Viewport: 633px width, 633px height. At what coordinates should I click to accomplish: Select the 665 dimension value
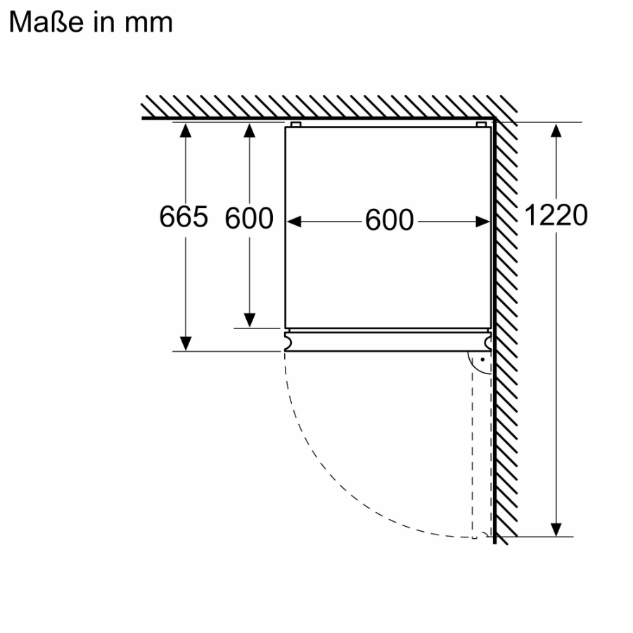point(184,217)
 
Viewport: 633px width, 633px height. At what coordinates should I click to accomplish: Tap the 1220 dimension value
point(556,215)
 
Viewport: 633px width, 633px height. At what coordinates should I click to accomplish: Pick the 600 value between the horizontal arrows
point(389,221)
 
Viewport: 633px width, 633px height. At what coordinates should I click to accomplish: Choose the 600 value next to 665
point(249,218)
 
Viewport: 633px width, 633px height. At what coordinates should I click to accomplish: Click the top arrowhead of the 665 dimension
point(185,129)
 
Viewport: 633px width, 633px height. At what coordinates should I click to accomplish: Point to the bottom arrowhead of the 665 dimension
point(185,343)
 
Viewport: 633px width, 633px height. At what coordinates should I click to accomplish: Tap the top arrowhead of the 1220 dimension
point(556,130)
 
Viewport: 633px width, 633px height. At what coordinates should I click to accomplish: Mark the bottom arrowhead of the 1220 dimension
point(556,529)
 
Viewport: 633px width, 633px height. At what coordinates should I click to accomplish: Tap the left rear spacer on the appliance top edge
point(295,124)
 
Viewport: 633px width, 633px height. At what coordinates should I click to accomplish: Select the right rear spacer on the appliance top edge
point(482,124)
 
